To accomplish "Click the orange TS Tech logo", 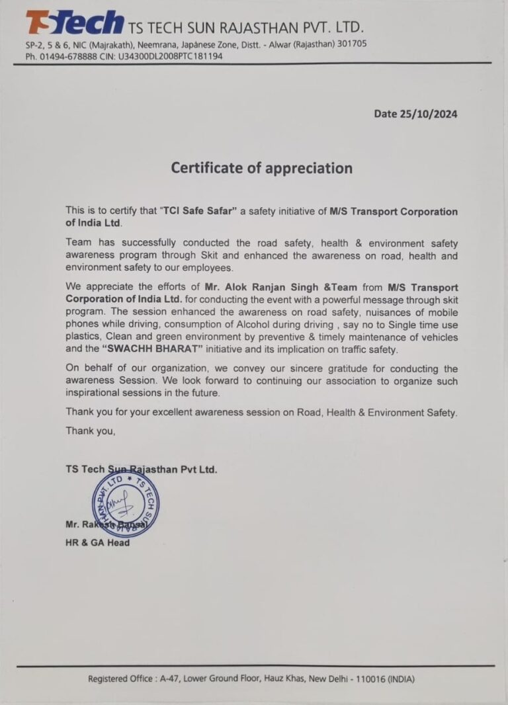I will (74, 22).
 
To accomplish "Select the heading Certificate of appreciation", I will (261, 168).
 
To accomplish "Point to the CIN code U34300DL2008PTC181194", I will (170, 56).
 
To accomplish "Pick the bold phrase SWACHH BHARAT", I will (144, 349).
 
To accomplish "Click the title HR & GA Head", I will (97, 543).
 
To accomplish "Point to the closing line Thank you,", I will (91, 431).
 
